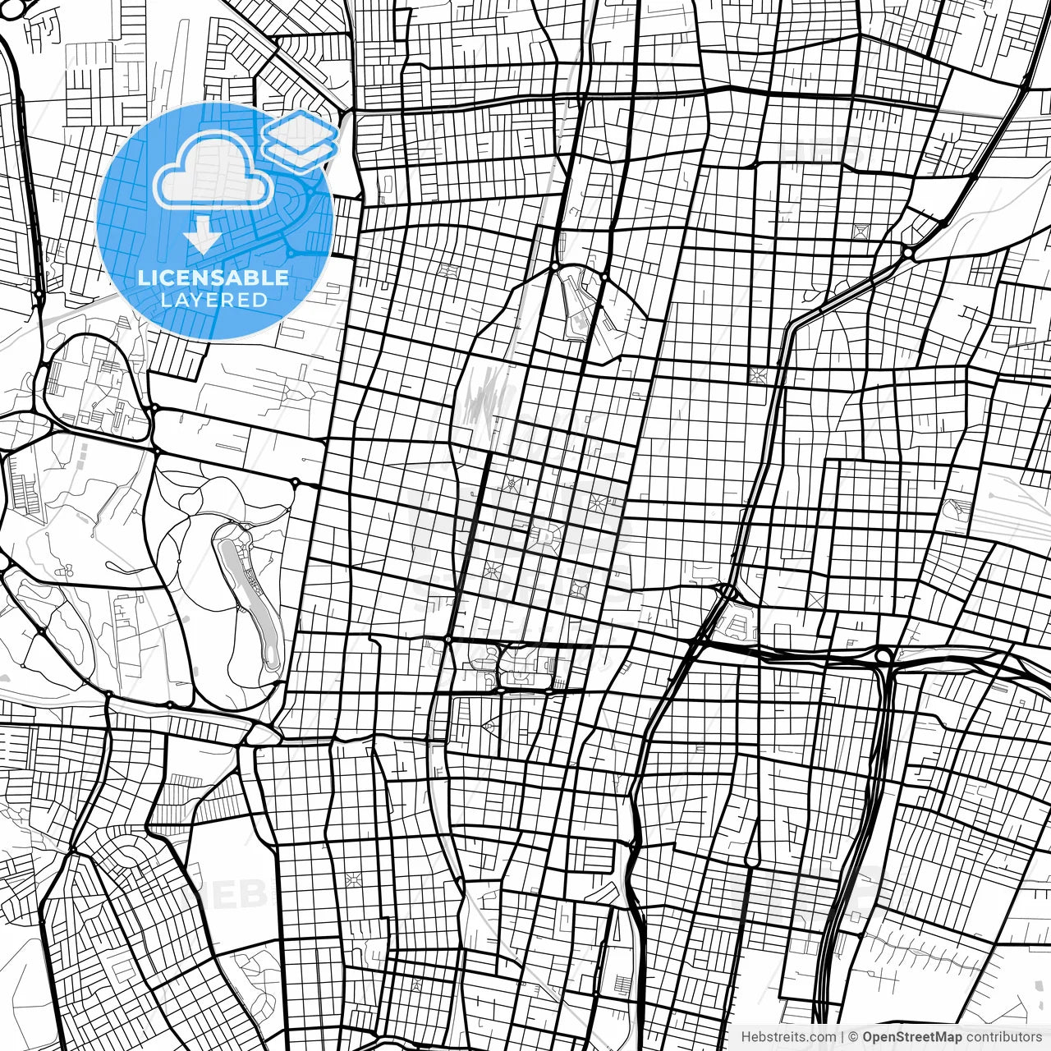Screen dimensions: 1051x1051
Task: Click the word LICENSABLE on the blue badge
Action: [213, 278]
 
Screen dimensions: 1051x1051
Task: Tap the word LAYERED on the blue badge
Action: [213, 300]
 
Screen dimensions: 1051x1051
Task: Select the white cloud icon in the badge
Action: [213, 170]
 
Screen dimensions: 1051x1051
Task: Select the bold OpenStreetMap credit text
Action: [911, 1037]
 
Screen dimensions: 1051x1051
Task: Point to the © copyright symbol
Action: [853, 1037]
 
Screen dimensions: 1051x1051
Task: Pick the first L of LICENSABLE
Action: [143, 278]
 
